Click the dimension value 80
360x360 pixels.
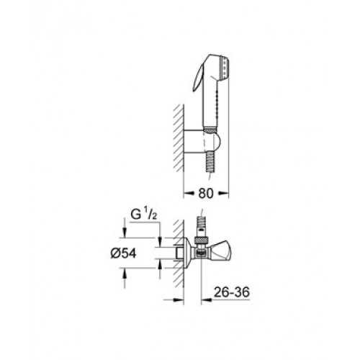click(206, 193)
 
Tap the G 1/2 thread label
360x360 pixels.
click(144, 215)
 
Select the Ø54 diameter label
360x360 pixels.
click(123, 253)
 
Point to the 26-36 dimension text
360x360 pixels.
click(232, 292)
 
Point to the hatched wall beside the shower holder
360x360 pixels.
click(179, 138)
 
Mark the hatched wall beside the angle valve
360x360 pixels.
click(179, 253)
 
